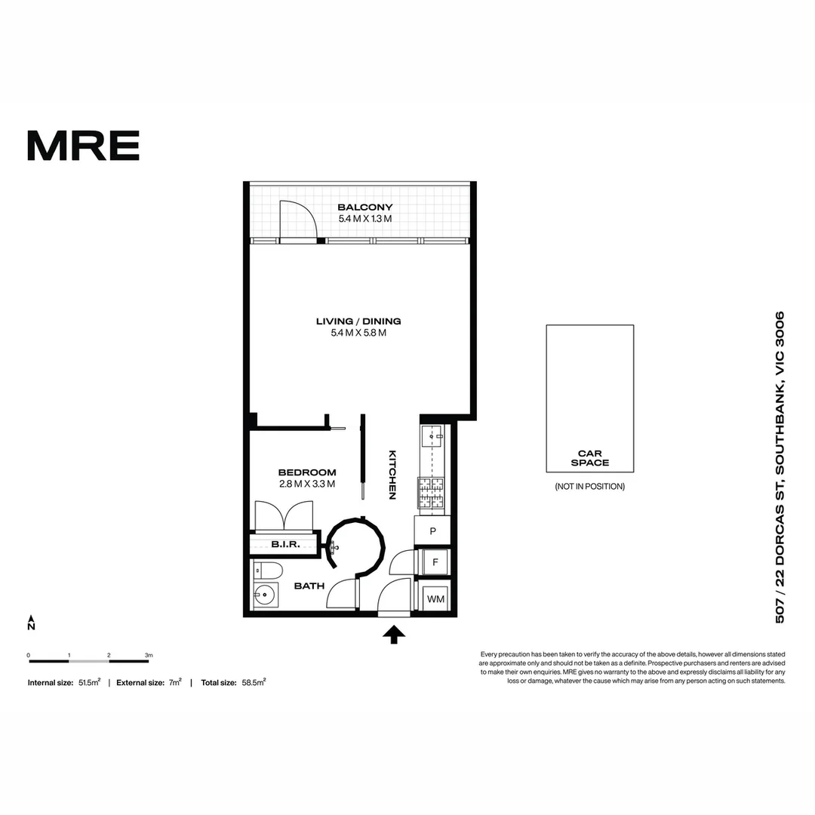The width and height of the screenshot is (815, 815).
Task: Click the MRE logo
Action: (x=83, y=146)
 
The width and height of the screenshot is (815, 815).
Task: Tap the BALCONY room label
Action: (x=365, y=208)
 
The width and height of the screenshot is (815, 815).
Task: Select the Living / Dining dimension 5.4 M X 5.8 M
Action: (x=358, y=333)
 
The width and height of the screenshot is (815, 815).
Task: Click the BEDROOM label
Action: (x=306, y=472)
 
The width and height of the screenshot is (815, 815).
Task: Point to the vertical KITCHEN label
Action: (x=392, y=475)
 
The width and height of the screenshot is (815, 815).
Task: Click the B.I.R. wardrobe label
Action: (x=285, y=544)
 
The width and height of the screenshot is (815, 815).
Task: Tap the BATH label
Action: (x=309, y=586)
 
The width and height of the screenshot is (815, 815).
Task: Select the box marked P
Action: (x=432, y=531)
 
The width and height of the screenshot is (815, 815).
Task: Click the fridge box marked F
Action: (x=435, y=562)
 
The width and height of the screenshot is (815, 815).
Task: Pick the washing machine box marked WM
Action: (x=435, y=599)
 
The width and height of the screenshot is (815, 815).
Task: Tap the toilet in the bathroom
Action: (x=267, y=570)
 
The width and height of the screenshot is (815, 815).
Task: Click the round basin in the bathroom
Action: (x=265, y=595)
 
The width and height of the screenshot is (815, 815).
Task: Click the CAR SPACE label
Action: (x=589, y=458)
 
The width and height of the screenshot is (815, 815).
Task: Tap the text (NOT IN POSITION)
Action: (x=589, y=487)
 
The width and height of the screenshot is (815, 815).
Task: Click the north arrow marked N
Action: (x=31, y=623)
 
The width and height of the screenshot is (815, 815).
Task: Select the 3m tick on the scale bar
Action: (x=149, y=655)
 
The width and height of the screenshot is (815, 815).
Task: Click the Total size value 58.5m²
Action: (x=254, y=682)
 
